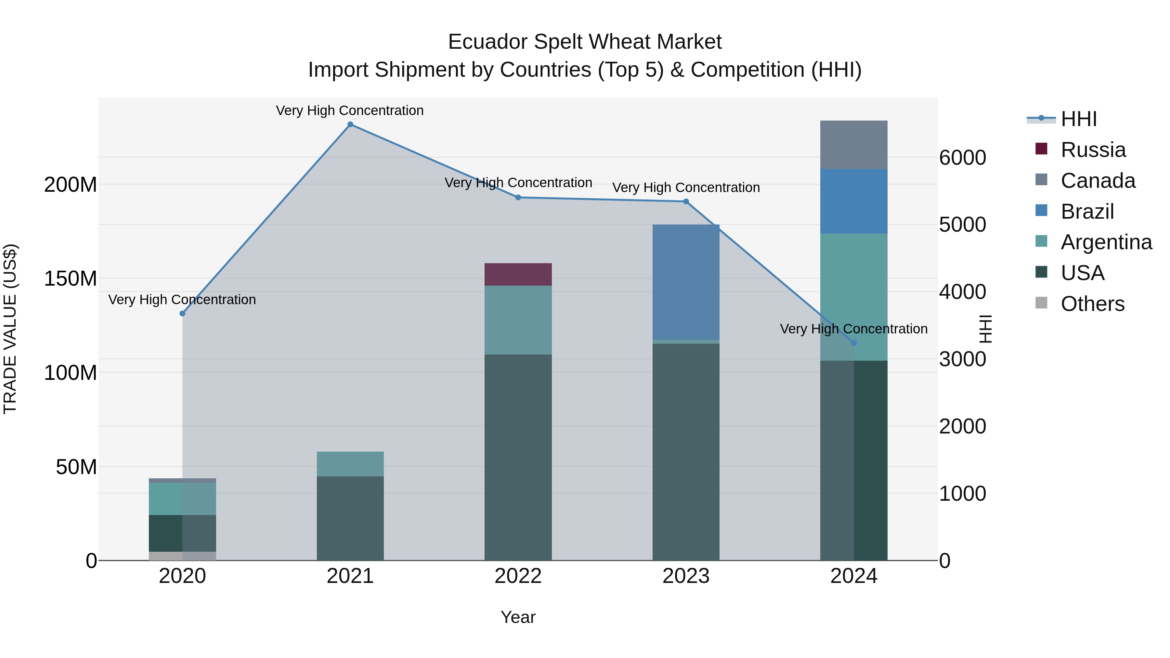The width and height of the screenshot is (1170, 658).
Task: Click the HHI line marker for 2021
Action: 350,124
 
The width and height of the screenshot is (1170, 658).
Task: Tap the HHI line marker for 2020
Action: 183,313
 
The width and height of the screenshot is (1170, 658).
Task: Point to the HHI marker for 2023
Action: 686,201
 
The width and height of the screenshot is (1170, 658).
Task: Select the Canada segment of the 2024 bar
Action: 853,145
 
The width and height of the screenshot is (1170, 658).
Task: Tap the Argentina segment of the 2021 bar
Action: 350,464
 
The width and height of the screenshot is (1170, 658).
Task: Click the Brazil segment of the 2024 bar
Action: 853,201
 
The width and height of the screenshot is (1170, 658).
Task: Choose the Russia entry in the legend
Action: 1093,150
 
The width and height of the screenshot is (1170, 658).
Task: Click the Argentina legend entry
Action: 1106,242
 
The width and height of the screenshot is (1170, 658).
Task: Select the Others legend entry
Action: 1092,304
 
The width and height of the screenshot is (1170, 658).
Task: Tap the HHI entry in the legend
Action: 1078,119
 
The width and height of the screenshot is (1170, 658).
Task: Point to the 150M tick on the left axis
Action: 71,278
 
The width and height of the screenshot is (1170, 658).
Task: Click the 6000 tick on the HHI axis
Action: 962,158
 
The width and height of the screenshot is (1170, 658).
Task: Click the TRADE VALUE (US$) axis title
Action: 10,329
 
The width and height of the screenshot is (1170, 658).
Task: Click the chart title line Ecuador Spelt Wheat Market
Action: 585,42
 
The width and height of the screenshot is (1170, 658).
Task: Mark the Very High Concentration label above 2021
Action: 350,110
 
